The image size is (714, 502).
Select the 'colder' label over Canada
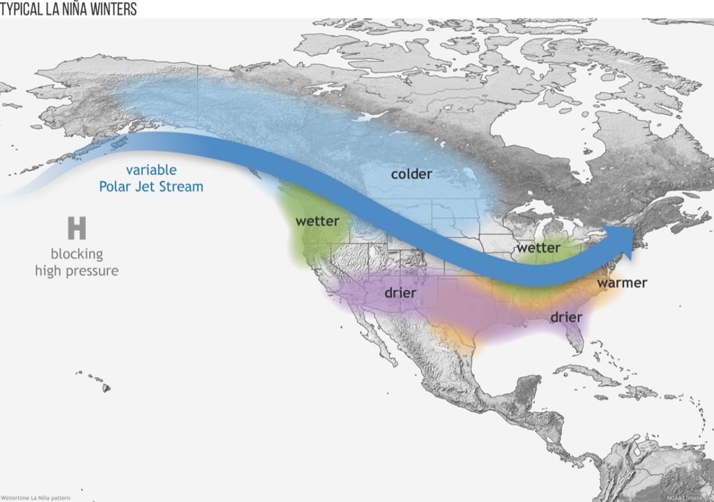[x=411, y=174]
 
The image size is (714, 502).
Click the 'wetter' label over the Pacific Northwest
[x=317, y=221]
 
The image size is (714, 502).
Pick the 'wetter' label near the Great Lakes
[x=538, y=248]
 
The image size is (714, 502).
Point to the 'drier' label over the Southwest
[x=400, y=293]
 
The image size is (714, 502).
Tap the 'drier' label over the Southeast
[x=566, y=317]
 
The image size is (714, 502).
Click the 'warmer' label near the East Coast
[x=622, y=282]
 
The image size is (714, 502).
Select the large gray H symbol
[x=77, y=229]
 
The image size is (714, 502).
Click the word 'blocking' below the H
[x=77, y=254]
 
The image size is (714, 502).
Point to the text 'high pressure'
[x=77, y=271]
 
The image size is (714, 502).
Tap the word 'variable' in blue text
[x=151, y=170]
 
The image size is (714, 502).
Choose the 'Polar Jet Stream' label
[x=151, y=186]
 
